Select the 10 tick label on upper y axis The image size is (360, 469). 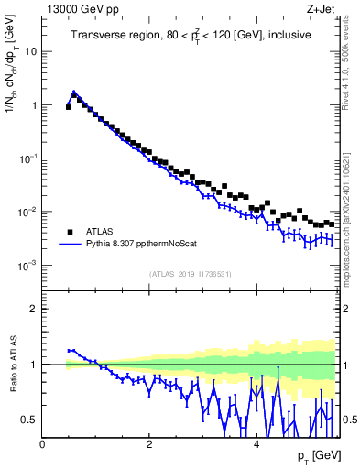[30, 51]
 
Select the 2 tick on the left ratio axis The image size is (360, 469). [33, 309]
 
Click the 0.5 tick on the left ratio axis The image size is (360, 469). [29, 420]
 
